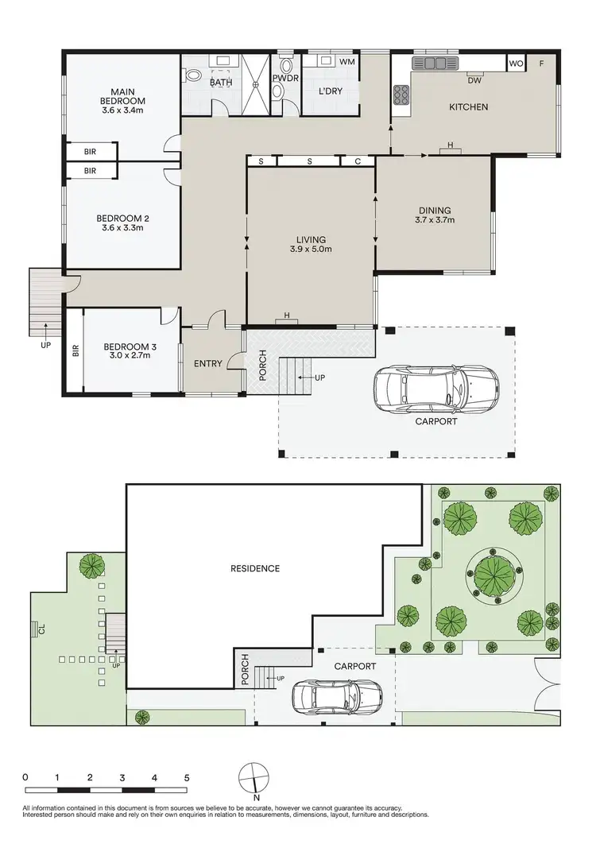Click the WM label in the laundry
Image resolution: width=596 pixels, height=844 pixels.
pyautogui.click(x=347, y=61)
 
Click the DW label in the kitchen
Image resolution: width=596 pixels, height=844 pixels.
pyautogui.click(x=474, y=80)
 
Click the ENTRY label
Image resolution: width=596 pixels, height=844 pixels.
pyautogui.click(x=208, y=363)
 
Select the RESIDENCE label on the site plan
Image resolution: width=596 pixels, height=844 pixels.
pyautogui.click(x=255, y=568)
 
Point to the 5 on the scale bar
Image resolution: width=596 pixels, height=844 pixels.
pyautogui.click(x=187, y=776)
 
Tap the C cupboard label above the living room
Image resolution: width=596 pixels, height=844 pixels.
pyautogui.click(x=358, y=161)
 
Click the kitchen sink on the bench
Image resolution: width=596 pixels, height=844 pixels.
pyautogui.click(x=434, y=63)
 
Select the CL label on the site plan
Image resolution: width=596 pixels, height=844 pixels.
pyautogui.click(x=41, y=630)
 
